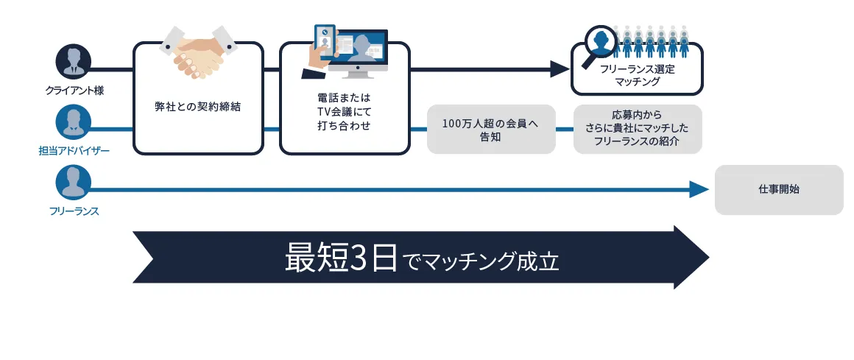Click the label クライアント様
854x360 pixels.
(x=74, y=91)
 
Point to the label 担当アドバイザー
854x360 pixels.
(x=74, y=151)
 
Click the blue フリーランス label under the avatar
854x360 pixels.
(x=74, y=211)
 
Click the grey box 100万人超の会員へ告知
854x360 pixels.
(x=491, y=130)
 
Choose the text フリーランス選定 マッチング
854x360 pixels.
(x=637, y=75)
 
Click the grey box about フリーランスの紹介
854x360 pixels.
(x=637, y=129)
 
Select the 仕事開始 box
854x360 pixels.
(x=779, y=190)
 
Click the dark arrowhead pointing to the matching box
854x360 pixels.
(x=562, y=69)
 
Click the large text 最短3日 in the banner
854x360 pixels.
(x=342, y=259)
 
